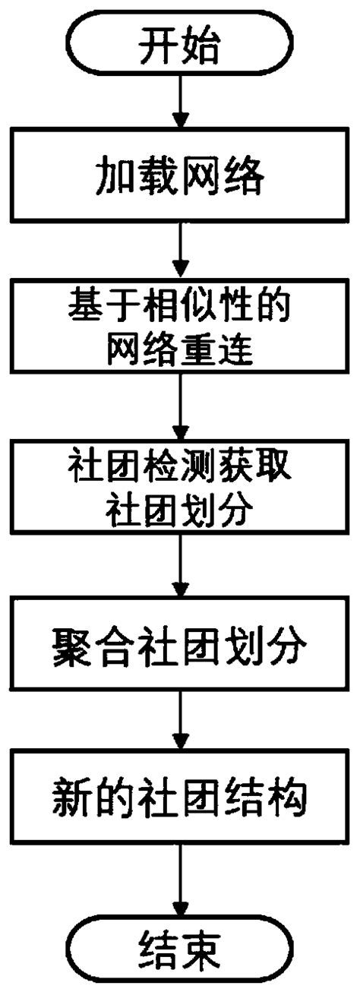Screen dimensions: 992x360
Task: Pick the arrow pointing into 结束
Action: coord(179,874)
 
